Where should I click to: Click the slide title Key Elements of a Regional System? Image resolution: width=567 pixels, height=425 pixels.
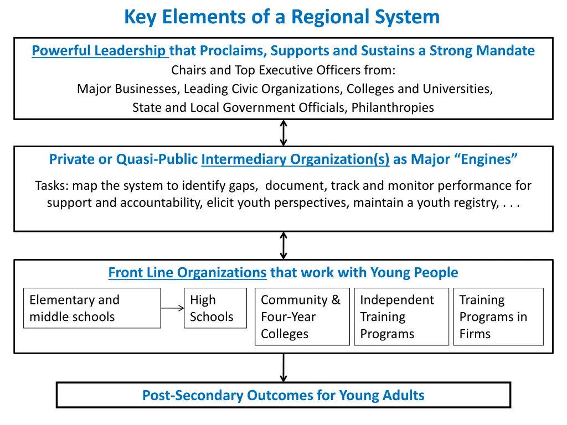(282, 17)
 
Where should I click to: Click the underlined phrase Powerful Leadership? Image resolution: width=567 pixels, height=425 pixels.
(100, 51)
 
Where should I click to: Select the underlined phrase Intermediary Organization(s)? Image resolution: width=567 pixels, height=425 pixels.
(295, 159)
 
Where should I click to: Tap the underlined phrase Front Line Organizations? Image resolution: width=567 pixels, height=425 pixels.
(187, 272)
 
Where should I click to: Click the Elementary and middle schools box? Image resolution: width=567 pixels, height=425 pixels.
(92, 308)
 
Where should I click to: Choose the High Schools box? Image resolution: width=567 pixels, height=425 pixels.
(215, 308)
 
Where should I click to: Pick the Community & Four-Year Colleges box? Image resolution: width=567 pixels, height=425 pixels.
(302, 317)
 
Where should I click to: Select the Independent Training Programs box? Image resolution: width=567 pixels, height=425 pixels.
(401, 317)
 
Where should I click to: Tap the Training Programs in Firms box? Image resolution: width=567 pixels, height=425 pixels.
(498, 317)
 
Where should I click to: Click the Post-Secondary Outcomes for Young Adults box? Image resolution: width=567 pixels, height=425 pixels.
(283, 395)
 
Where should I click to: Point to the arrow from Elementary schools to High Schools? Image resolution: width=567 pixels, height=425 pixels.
(172, 308)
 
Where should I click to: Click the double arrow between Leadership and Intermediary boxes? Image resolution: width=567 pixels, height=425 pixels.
(283, 133)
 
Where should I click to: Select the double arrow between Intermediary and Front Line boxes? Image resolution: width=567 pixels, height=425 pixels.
(283, 245)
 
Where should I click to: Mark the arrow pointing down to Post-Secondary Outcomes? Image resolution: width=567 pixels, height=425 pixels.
(283, 367)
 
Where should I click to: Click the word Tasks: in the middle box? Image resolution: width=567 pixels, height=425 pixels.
(51, 185)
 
